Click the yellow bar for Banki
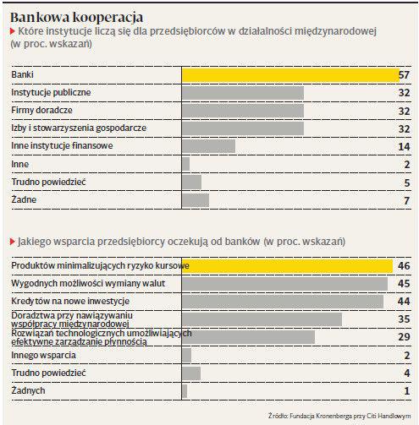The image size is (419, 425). (290, 75)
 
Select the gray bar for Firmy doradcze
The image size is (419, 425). (243, 111)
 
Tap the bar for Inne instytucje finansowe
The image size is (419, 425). (208, 146)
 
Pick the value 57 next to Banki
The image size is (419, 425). (404, 75)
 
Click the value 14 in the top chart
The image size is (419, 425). (404, 146)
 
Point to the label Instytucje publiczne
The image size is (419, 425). (51, 92)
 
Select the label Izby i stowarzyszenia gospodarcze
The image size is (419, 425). (79, 128)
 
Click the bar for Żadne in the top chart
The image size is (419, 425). (196, 200)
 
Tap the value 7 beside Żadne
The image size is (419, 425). (406, 200)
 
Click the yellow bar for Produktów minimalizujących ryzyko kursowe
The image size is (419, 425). (287, 266)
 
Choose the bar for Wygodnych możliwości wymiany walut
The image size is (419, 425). (284, 284)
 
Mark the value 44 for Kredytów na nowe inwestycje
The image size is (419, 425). (404, 301)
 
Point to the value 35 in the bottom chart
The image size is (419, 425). (404, 319)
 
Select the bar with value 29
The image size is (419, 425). (248, 337)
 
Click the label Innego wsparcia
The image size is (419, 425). (43, 355)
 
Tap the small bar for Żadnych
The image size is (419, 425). (185, 391)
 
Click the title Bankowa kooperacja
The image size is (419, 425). (77, 18)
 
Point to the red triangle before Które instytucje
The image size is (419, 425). (13, 31)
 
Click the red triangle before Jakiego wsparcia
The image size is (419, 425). (13, 242)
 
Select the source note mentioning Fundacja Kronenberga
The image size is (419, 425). (339, 416)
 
